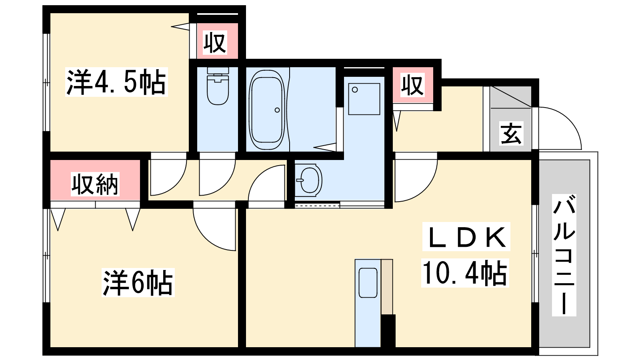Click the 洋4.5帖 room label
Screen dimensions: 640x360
(116, 82)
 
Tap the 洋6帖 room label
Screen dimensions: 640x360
(138, 282)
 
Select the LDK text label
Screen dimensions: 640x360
(466, 236)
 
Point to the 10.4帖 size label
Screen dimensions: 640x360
(465, 273)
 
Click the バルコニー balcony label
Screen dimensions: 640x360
(564, 255)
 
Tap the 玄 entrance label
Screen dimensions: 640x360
(511, 133)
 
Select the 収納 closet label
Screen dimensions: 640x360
(95, 184)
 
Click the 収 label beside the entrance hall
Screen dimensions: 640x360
(412, 85)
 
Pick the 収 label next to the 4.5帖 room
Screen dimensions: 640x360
(215, 42)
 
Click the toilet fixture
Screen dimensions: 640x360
(218, 86)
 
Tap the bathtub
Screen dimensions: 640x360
(267, 110)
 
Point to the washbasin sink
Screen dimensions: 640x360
(308, 180)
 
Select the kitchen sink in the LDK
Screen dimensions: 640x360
(368, 283)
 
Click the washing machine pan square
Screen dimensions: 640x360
(364, 99)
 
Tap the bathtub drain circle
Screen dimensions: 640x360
(277, 110)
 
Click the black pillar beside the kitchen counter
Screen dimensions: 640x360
(388, 331)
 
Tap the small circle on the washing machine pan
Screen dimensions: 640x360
(355, 90)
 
